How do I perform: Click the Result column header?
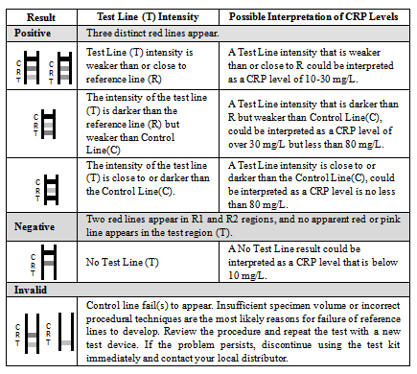point(41,17)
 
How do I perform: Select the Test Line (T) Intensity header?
point(148,16)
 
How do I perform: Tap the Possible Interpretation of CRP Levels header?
point(313,16)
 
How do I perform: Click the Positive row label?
point(33,33)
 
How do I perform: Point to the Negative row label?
point(35,226)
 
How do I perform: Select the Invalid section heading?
point(31,290)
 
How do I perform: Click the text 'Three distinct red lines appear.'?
point(152,34)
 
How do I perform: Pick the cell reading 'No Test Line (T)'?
point(123,262)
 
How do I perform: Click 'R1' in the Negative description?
point(197,220)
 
